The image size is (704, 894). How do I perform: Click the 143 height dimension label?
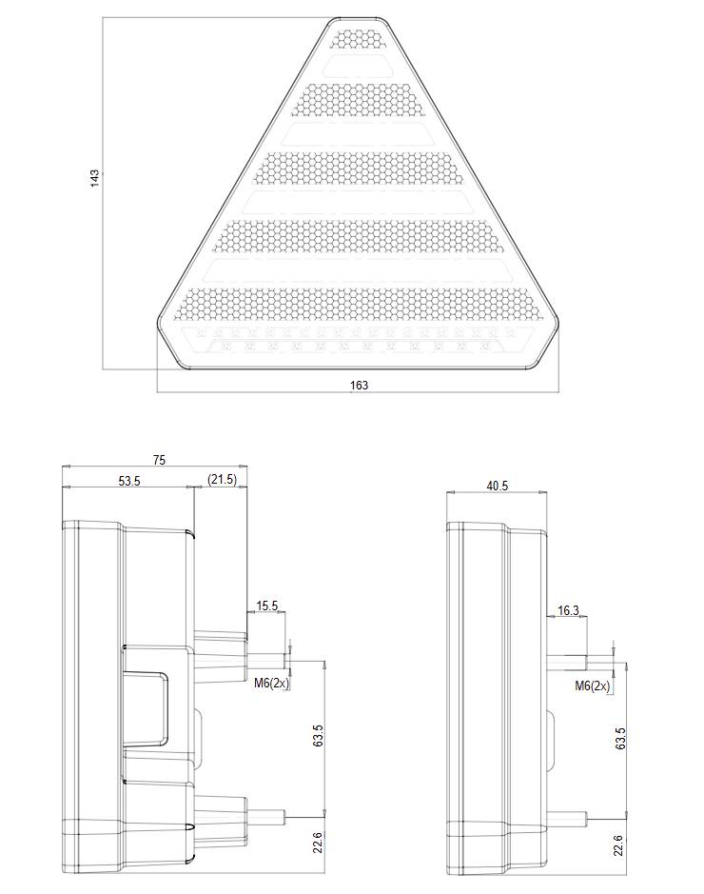point(95,178)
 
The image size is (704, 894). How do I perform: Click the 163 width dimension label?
point(359,385)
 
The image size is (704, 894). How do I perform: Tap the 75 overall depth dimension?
point(159,460)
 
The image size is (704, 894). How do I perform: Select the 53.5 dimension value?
point(129,481)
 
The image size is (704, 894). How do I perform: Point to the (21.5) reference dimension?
point(222,481)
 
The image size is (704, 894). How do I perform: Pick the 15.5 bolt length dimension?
point(267,606)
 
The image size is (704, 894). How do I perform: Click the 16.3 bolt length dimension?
point(568,610)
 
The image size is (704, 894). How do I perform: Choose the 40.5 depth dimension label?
point(497,486)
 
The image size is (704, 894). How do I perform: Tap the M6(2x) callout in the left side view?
point(271,683)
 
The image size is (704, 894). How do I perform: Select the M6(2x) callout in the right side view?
point(593,685)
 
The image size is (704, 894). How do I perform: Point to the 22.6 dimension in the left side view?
point(318,842)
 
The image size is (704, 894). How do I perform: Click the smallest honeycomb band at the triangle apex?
point(359,39)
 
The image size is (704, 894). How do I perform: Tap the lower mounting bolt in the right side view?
point(572,816)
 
